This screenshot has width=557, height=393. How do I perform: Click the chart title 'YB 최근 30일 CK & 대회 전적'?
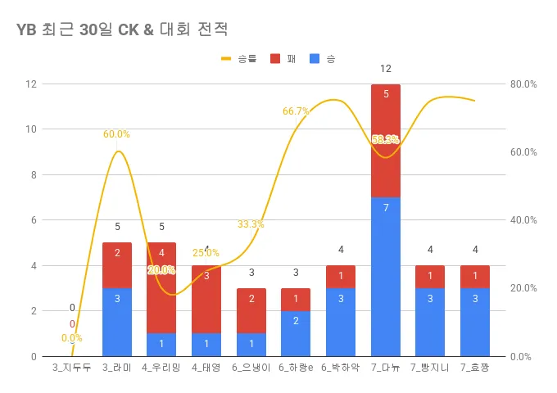pyautogui.click(x=122, y=29)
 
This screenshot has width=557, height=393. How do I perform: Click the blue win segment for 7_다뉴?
pyautogui.click(x=386, y=277)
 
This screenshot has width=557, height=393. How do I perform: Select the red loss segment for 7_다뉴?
pyautogui.click(x=386, y=141)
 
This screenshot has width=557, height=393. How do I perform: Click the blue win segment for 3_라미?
pyautogui.click(x=117, y=322)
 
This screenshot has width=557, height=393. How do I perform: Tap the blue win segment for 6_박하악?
pyautogui.click(x=341, y=322)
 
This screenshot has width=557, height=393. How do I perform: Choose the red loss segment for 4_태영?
pyautogui.click(x=206, y=300)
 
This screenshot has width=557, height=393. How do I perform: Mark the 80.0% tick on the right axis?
pyautogui.click(x=523, y=84)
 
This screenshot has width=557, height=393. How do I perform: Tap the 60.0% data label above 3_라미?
pyautogui.click(x=116, y=134)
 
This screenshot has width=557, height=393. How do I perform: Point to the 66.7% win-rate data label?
pyautogui.click(x=296, y=111)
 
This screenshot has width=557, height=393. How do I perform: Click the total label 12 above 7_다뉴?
pyautogui.click(x=386, y=68)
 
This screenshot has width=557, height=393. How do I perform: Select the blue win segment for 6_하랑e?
pyautogui.click(x=296, y=333)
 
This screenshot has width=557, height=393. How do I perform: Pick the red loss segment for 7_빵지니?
pyautogui.click(x=430, y=277)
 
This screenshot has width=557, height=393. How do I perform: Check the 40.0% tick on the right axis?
pyautogui.click(x=523, y=220)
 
